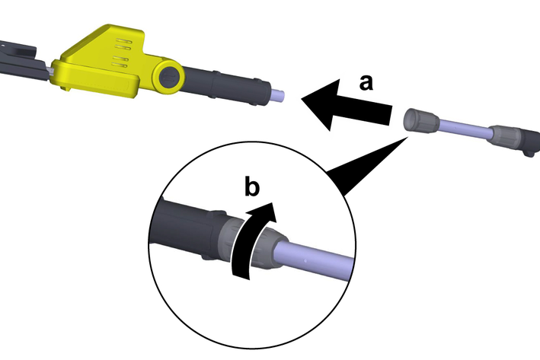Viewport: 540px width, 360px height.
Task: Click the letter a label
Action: (x=366, y=83)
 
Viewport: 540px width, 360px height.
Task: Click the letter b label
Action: (x=252, y=186)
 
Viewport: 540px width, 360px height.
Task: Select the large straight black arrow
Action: (x=347, y=105)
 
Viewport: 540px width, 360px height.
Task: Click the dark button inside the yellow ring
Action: (x=170, y=77)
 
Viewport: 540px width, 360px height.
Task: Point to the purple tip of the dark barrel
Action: (x=278, y=95)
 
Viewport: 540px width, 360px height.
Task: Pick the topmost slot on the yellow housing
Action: (x=123, y=41)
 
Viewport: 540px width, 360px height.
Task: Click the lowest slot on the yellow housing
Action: (x=120, y=65)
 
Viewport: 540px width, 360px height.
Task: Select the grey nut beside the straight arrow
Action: (x=420, y=120)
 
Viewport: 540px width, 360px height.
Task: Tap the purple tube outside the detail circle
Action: (x=465, y=129)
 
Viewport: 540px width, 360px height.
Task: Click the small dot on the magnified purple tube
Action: (x=305, y=260)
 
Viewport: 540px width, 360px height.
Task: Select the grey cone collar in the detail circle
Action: (x=272, y=248)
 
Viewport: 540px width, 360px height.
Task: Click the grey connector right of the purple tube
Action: (x=506, y=137)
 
